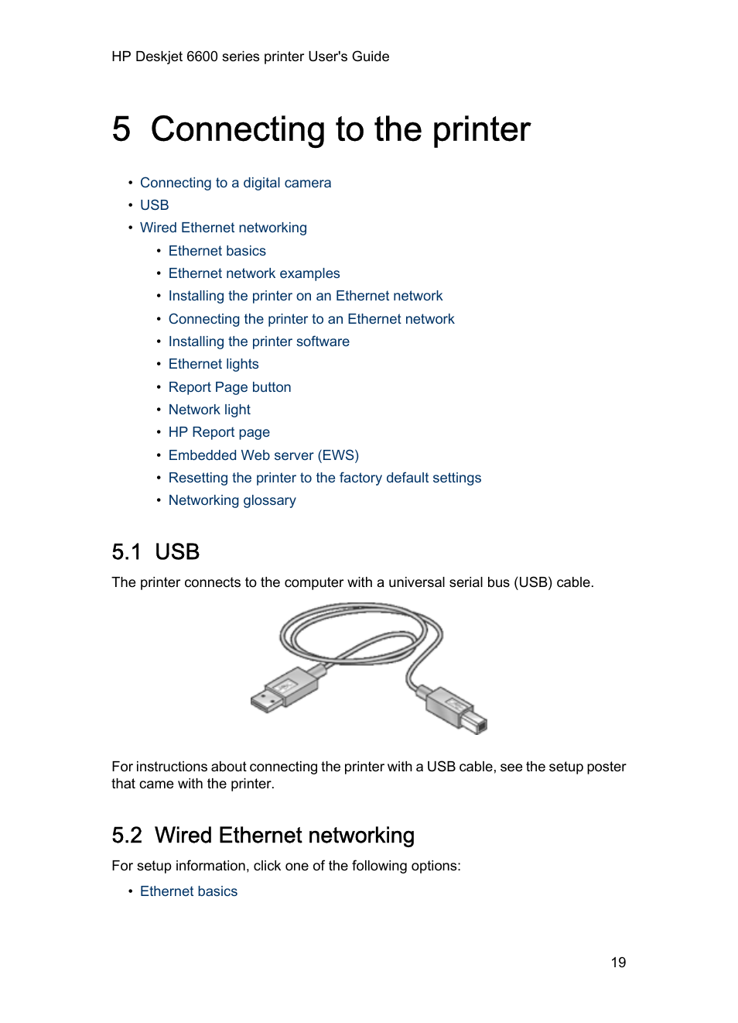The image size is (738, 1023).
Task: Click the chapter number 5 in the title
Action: [x=121, y=129]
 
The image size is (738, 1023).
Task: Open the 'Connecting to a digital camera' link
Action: [x=235, y=183]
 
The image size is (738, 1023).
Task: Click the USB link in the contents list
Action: [x=154, y=205]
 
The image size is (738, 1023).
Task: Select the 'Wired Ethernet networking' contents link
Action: [x=223, y=228]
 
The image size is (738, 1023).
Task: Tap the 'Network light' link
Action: [x=209, y=410]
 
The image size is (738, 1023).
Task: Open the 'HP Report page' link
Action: [x=219, y=432]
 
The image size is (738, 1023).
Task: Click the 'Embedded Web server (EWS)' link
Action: [x=263, y=455]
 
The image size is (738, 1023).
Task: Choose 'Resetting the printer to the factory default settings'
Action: [x=324, y=478]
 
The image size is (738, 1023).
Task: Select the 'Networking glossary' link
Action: [x=232, y=500]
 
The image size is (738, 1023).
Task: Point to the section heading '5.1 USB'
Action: [x=155, y=551]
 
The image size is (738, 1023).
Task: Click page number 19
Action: [x=618, y=963]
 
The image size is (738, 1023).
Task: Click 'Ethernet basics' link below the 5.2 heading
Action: [x=189, y=891]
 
